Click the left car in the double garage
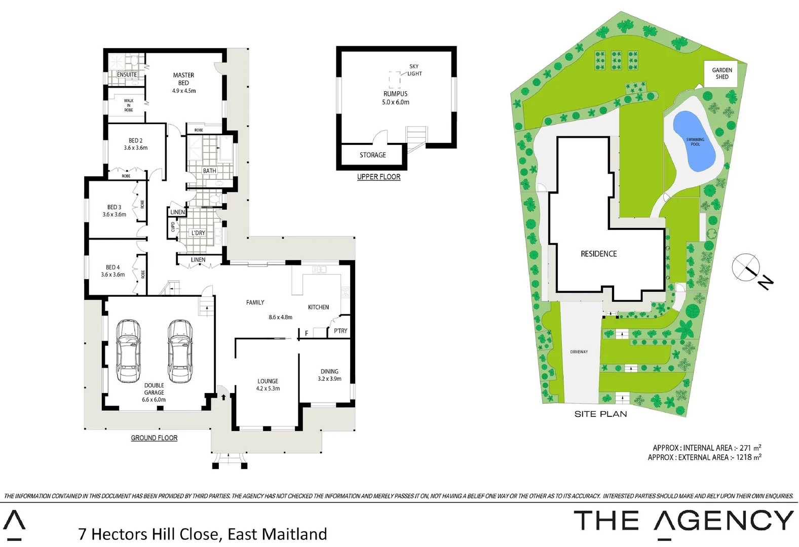tap(128, 351)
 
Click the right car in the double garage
tap(180, 351)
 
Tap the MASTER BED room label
tap(183, 83)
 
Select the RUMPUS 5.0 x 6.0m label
tap(395, 98)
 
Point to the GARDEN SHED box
tap(721, 73)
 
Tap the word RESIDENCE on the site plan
tap(598, 254)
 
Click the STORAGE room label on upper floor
tap(372, 155)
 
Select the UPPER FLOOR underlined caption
tap(378, 177)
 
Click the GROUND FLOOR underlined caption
tap(154, 438)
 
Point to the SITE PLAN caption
tap(600, 414)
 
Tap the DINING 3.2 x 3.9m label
tap(329, 375)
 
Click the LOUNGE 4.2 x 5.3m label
tap(268, 384)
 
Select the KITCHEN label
tap(318, 307)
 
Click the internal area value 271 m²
tap(750, 448)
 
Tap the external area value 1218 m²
tap(748, 457)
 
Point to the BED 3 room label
tap(114, 210)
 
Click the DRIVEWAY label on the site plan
tap(579, 351)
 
